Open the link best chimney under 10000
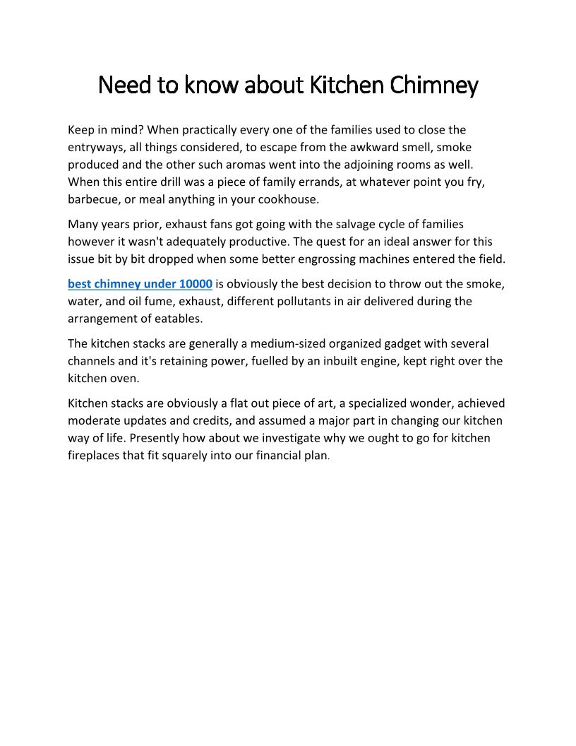tap(140, 284)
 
